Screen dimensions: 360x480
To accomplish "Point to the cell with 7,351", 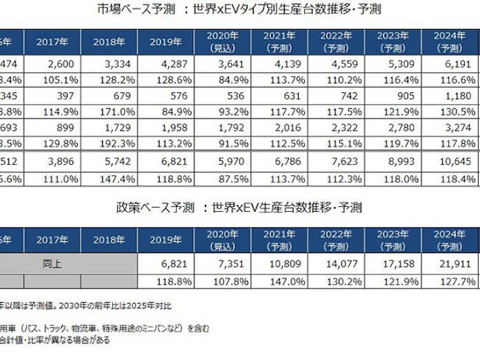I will point(223,263).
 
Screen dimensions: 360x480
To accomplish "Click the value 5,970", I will point(223,161).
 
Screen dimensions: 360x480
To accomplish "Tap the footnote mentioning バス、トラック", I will point(103,327).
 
